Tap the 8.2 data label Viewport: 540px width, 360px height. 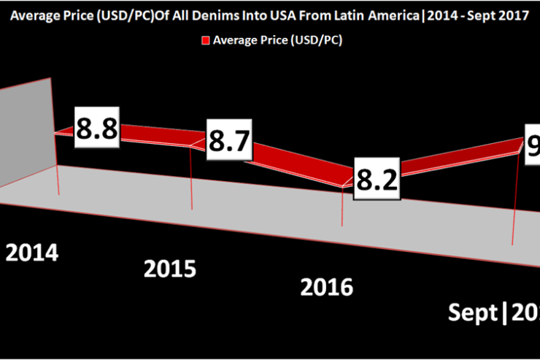(377, 177)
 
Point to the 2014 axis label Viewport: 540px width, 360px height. (32, 253)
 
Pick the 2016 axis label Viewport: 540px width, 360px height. (325, 286)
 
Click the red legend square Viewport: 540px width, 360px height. (206, 41)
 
